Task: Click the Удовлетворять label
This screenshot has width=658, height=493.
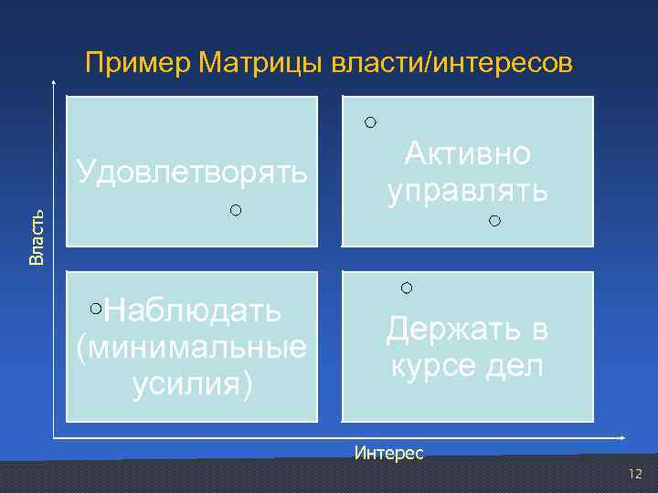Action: point(193,171)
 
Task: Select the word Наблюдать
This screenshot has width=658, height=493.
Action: point(193,310)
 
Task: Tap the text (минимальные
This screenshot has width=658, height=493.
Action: point(193,347)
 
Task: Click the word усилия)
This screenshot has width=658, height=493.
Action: point(193,384)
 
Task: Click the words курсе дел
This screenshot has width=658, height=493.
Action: point(467,365)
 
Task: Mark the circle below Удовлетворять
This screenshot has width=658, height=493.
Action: point(236,211)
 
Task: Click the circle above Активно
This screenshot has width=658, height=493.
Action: point(369,121)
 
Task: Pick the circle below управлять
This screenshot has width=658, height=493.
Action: point(494,221)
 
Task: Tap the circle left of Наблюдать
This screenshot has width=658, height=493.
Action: point(97,309)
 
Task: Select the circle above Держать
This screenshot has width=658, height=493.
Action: point(407,288)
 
